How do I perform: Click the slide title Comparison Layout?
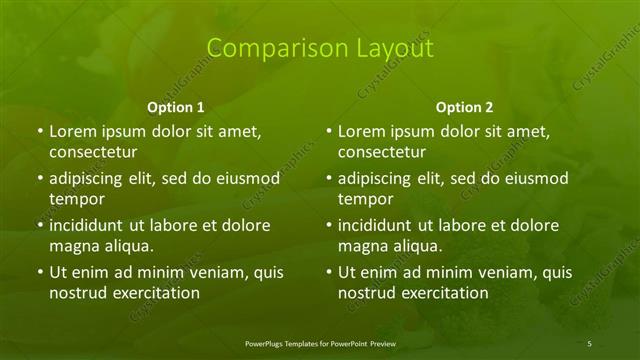(320, 48)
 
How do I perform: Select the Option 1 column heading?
(176, 107)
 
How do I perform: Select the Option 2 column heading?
(464, 107)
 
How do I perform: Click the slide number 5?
(590, 344)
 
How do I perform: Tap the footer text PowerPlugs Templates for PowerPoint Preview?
(320, 344)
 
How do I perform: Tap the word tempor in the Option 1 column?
(72, 199)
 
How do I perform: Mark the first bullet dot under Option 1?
(39, 131)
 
